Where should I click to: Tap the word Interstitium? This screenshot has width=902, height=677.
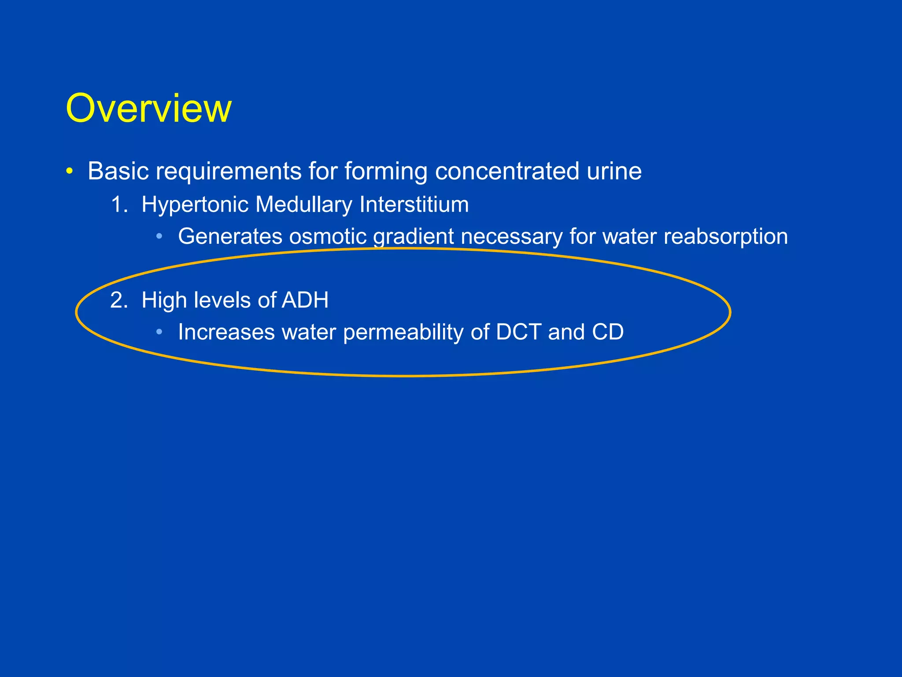click(414, 205)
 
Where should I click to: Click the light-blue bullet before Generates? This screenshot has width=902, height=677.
click(159, 237)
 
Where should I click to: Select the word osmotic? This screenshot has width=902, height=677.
click(328, 237)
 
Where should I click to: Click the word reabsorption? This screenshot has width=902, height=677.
click(726, 237)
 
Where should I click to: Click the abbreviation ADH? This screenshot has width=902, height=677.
click(305, 300)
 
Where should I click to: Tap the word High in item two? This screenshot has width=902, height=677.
click(164, 301)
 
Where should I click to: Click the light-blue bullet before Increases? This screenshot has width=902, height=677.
click(159, 332)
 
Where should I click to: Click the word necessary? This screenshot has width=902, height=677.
click(511, 237)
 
